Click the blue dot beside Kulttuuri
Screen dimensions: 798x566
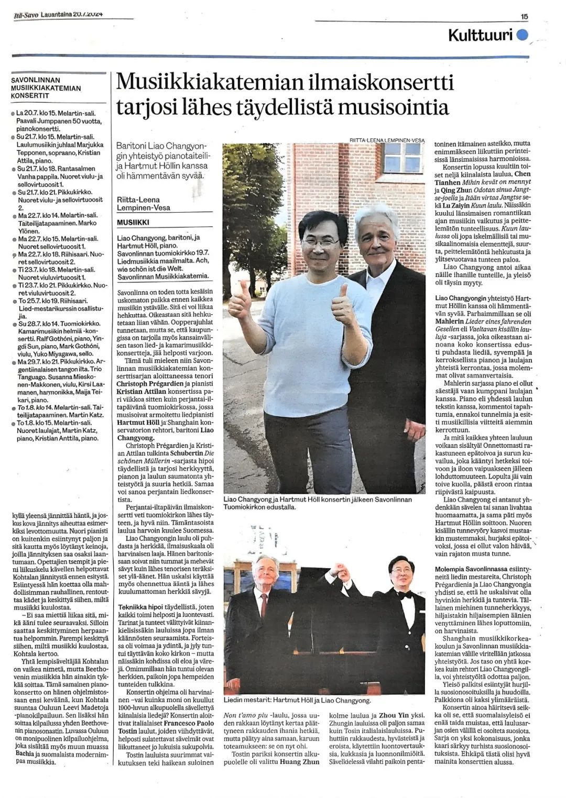pos(522,35)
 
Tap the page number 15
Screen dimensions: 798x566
pos(524,17)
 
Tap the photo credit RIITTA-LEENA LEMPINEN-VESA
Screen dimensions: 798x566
pos(387,140)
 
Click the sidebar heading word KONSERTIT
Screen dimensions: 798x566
pos(30,96)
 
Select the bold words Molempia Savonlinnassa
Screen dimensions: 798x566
pos(474,569)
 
